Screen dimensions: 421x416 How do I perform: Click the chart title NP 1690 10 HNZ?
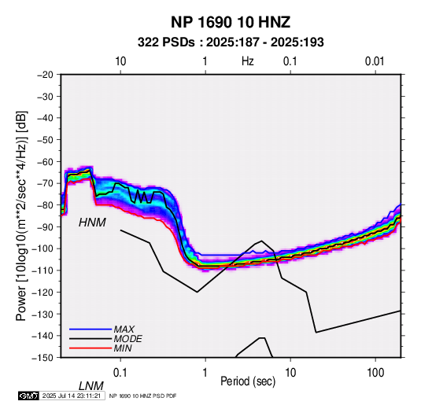[x=231, y=22]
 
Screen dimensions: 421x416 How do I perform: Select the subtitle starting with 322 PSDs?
[x=231, y=42]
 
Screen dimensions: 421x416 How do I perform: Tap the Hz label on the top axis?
[x=248, y=61]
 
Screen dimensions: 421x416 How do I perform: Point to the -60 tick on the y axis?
[x=46, y=161]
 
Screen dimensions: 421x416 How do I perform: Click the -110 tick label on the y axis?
[x=43, y=271]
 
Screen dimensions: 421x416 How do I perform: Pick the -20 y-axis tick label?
[x=46, y=75]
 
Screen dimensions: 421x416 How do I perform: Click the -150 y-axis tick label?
[x=43, y=358]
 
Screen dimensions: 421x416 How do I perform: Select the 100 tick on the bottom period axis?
[x=375, y=373]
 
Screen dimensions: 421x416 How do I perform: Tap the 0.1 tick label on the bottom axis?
[x=120, y=373]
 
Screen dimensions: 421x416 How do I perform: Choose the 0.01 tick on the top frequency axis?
[x=375, y=61]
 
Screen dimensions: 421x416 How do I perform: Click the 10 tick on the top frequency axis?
[x=120, y=61]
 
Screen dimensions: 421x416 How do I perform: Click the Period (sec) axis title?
[x=248, y=381]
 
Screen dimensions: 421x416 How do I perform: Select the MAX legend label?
[x=124, y=329]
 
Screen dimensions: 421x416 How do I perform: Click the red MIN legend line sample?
[x=90, y=348]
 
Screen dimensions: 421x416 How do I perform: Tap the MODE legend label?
[x=127, y=339]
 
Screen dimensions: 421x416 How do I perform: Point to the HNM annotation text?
[x=92, y=223]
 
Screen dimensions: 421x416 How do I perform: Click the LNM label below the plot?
[x=90, y=386]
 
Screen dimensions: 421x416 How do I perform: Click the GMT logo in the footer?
[x=29, y=396]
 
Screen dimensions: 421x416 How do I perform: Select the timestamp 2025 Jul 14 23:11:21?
[x=72, y=396]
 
